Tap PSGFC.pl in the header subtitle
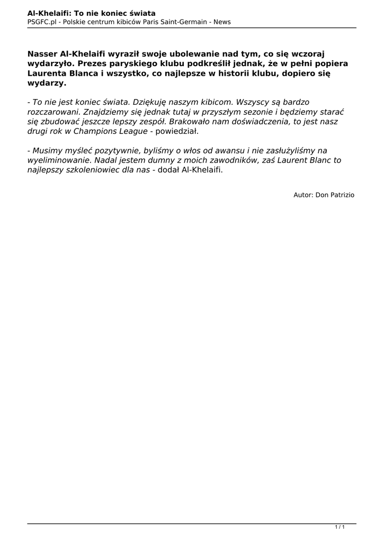tap(42, 22)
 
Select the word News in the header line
tap(222, 22)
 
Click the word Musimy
tap(46, 150)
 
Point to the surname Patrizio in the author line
tap(342, 195)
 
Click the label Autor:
tap(303, 195)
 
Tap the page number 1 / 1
tap(340, 527)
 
